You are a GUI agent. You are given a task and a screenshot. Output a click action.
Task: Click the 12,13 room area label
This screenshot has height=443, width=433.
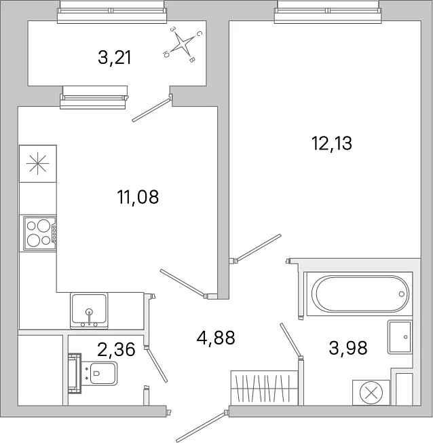pos(332,143)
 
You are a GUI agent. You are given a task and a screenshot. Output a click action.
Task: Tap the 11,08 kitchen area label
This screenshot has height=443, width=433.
pos(138,197)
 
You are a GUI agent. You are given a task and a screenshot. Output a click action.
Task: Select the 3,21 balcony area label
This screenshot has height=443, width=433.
pos(115,58)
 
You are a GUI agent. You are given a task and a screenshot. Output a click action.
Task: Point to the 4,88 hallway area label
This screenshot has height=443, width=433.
pos(216,337)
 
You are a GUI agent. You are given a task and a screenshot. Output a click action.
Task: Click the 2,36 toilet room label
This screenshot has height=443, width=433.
pos(116,349)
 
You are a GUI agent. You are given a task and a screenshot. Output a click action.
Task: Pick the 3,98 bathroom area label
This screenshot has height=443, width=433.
pos(348,347)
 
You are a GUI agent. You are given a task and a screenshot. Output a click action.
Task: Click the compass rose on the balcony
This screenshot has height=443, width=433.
pos(183,44)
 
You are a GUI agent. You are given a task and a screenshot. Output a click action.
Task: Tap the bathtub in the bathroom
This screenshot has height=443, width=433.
pos(360,294)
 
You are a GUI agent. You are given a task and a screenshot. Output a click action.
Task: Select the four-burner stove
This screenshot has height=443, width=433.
pos(40,233)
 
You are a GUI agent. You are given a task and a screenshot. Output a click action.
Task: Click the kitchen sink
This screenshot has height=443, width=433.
pos(89,311)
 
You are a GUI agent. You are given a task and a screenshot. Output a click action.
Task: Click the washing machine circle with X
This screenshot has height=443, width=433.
pos(371,393)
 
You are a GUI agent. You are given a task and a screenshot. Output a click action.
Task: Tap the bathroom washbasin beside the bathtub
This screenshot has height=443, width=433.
pos(400,337)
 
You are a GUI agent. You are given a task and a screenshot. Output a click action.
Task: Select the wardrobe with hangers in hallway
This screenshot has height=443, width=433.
pos(265,388)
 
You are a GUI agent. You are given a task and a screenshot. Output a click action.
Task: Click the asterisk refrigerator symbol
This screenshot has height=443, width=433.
pos(37,164)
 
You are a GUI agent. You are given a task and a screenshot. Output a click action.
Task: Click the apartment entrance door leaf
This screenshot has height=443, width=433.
pos(201,427)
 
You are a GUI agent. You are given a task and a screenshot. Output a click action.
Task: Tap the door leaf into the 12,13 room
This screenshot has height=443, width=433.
pos(259,247)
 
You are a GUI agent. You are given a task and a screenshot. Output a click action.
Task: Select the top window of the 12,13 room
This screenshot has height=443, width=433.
pos(328,12)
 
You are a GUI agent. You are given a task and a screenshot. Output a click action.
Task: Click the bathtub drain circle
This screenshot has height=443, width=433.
pos(401,294)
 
